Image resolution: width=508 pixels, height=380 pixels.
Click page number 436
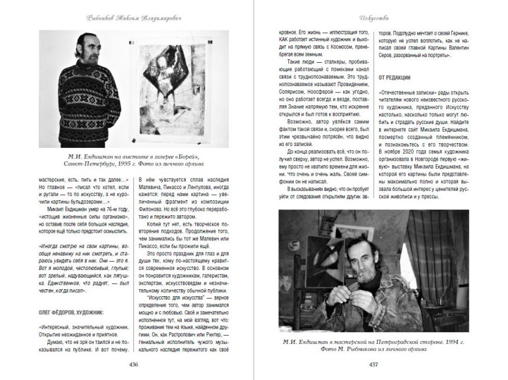click(133, 365)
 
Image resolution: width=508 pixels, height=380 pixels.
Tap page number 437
click(374, 365)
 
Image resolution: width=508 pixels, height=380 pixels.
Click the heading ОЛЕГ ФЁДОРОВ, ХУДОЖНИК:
click(73, 313)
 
